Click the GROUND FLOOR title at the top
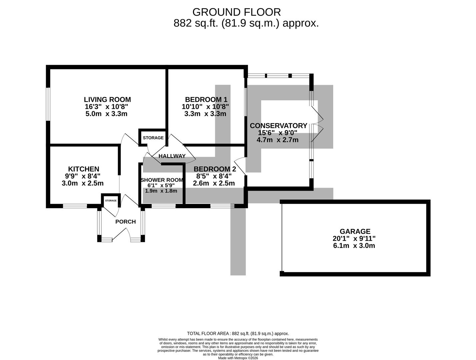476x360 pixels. pos(236,12)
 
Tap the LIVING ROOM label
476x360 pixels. pos(107,99)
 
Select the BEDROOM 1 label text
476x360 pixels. pos(206,99)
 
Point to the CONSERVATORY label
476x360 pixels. pos(278,126)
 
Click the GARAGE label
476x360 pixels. pos(355,231)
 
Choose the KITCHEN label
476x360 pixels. pos(83,169)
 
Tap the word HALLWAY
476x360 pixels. pos(172,156)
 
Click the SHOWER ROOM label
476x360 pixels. pos(162,180)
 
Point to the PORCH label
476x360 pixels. pos(125,222)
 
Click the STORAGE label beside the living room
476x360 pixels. pos(153,138)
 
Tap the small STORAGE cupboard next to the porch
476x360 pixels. pos(111,201)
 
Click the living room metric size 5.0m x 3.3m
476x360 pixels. pos(106,114)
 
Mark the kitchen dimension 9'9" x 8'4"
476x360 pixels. pos(83,176)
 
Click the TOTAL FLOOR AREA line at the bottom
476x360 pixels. pos(238,333)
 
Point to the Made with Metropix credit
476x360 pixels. pos(238,358)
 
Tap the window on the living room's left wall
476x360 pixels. pos(48,104)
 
